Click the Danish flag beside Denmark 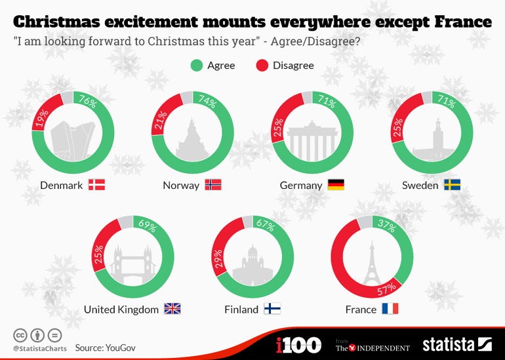tap(96, 185)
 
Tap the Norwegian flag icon tap(213, 185)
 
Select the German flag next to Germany tap(336, 185)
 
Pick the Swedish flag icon tap(452, 185)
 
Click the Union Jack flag tap(172, 309)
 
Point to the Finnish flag tap(272, 309)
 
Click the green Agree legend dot tap(196, 66)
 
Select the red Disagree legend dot tap(262, 66)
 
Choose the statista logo tap(456, 344)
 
